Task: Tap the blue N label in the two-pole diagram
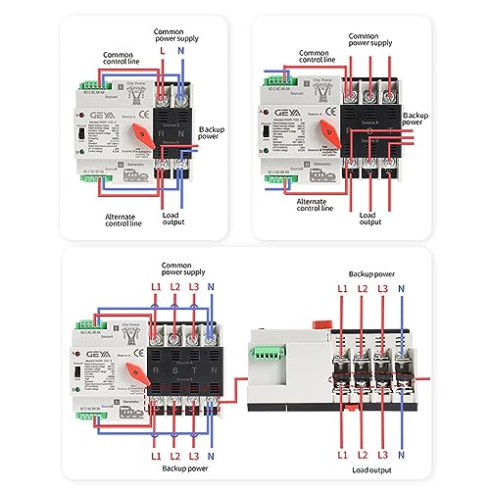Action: point(181,48)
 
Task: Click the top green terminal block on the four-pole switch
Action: point(83,319)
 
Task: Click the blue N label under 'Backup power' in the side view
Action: point(401,290)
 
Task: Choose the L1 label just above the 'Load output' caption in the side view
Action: point(342,455)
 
